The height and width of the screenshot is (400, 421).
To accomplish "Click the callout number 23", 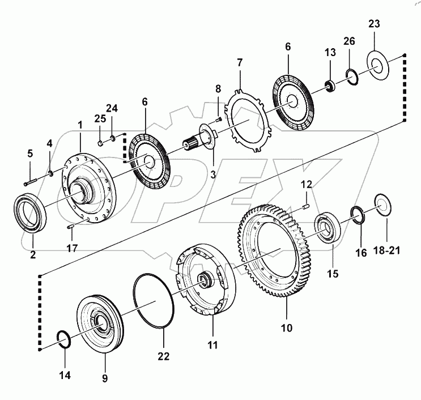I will click(374, 24).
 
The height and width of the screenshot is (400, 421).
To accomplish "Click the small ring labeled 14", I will click(64, 339).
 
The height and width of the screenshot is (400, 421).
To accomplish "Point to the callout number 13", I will click(330, 53).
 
